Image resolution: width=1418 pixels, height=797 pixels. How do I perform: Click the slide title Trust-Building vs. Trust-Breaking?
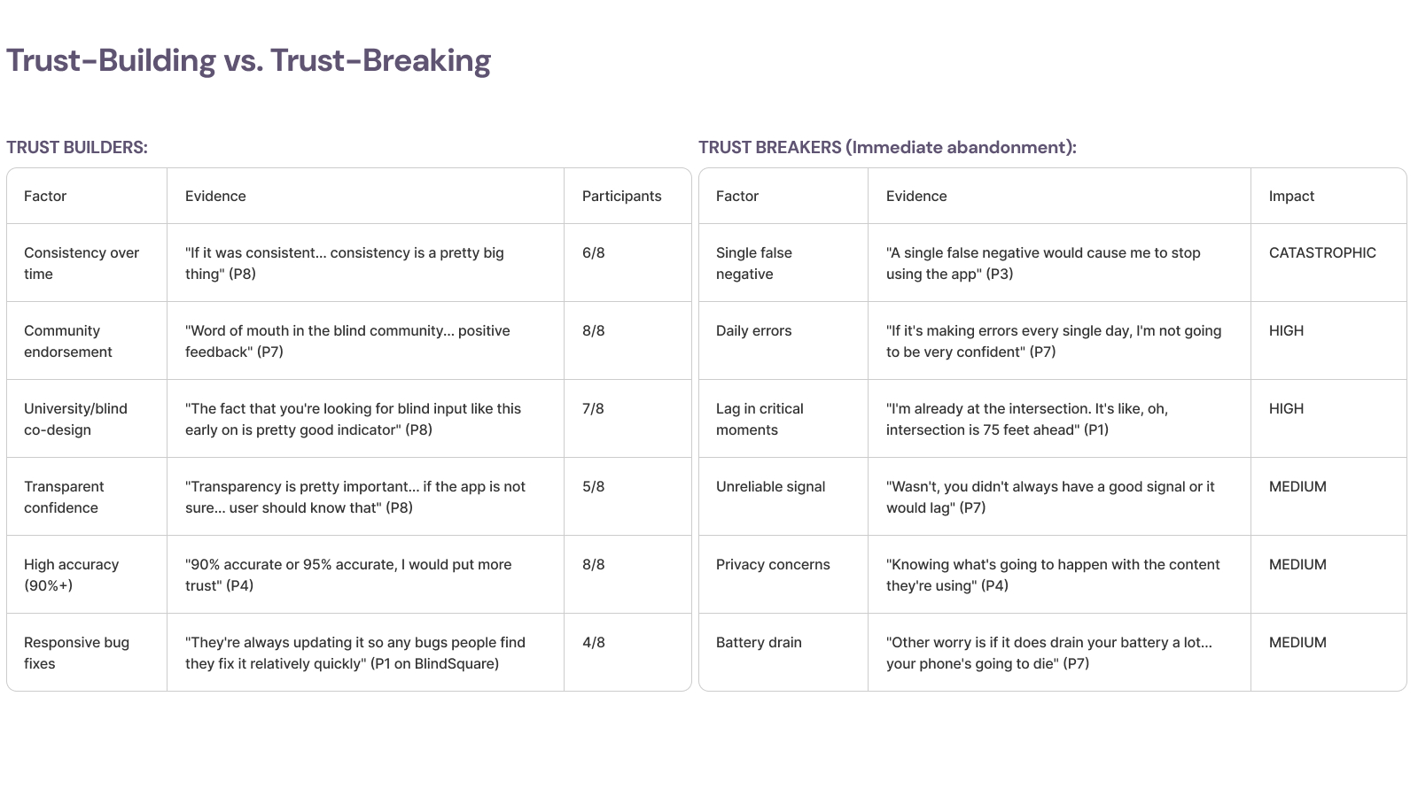[x=248, y=60]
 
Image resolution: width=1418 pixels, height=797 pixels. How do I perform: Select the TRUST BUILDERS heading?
[x=77, y=147]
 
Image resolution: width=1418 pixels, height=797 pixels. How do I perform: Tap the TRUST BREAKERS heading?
[x=887, y=147]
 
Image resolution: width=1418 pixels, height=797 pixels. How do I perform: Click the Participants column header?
[x=621, y=196]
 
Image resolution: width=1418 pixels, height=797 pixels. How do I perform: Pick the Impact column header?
[x=1291, y=196]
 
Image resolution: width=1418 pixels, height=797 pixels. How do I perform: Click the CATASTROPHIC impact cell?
[x=1322, y=252]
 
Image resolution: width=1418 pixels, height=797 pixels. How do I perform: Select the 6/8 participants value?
[x=593, y=252]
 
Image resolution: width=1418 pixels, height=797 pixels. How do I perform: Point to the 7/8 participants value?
[x=593, y=408]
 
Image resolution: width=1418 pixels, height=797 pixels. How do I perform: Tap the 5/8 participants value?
[x=593, y=486]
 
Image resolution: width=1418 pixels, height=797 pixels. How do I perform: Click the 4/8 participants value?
[x=593, y=642]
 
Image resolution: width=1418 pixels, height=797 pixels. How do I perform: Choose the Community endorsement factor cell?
[x=68, y=341]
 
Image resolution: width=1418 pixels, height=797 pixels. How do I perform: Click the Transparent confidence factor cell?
[x=64, y=497]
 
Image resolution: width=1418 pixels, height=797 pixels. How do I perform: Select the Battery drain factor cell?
[x=759, y=642]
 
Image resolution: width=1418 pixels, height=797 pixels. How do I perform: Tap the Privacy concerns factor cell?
[x=773, y=564]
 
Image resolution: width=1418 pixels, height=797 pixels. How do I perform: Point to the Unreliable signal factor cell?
[x=770, y=486]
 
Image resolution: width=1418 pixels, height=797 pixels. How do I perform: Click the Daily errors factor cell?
[x=753, y=330]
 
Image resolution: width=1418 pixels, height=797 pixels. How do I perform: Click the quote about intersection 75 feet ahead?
[x=1026, y=419]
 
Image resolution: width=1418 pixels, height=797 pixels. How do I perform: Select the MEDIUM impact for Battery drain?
[x=1297, y=642]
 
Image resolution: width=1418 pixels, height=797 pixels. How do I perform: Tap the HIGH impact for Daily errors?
[x=1286, y=330]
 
